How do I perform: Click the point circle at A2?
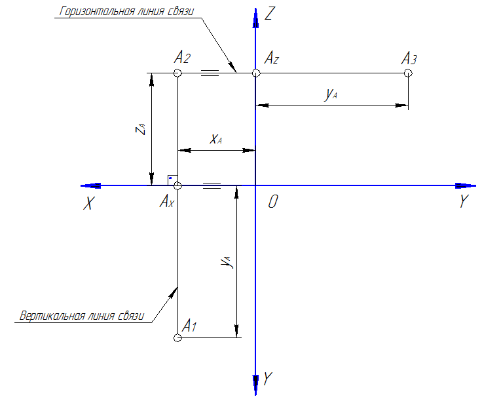[x=177, y=73]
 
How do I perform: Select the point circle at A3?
[x=408, y=73]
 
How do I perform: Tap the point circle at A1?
[x=177, y=338]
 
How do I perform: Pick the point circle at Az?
[x=255, y=73]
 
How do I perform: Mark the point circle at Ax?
[x=177, y=185]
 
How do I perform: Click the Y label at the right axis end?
[x=464, y=202]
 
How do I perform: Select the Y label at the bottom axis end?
[x=268, y=378]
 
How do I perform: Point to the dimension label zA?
[x=139, y=128]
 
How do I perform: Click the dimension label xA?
[x=216, y=139]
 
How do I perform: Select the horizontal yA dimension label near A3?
[x=331, y=94]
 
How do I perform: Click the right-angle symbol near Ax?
[x=170, y=179]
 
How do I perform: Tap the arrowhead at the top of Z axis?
[x=255, y=18]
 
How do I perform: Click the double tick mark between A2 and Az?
[x=209, y=73]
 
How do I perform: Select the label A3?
[x=409, y=59]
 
